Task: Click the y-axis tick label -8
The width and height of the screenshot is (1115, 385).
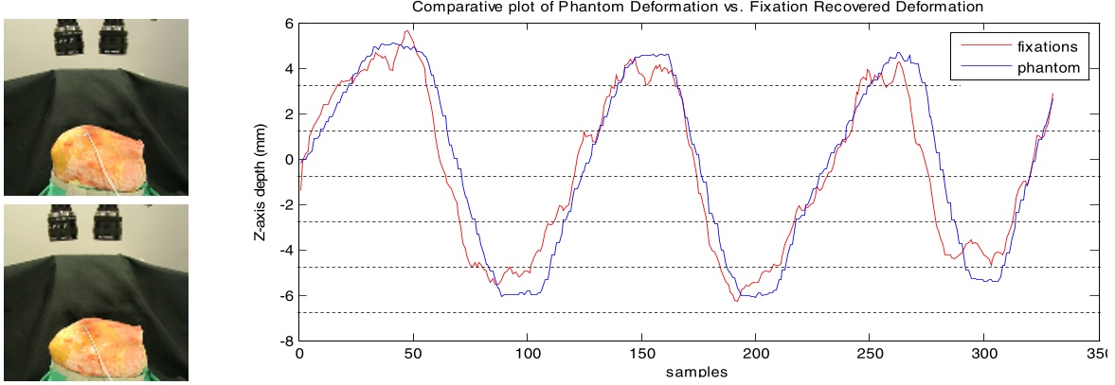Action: [287, 341]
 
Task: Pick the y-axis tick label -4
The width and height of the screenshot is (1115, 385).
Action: [287, 250]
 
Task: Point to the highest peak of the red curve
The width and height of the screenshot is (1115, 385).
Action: [407, 31]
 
